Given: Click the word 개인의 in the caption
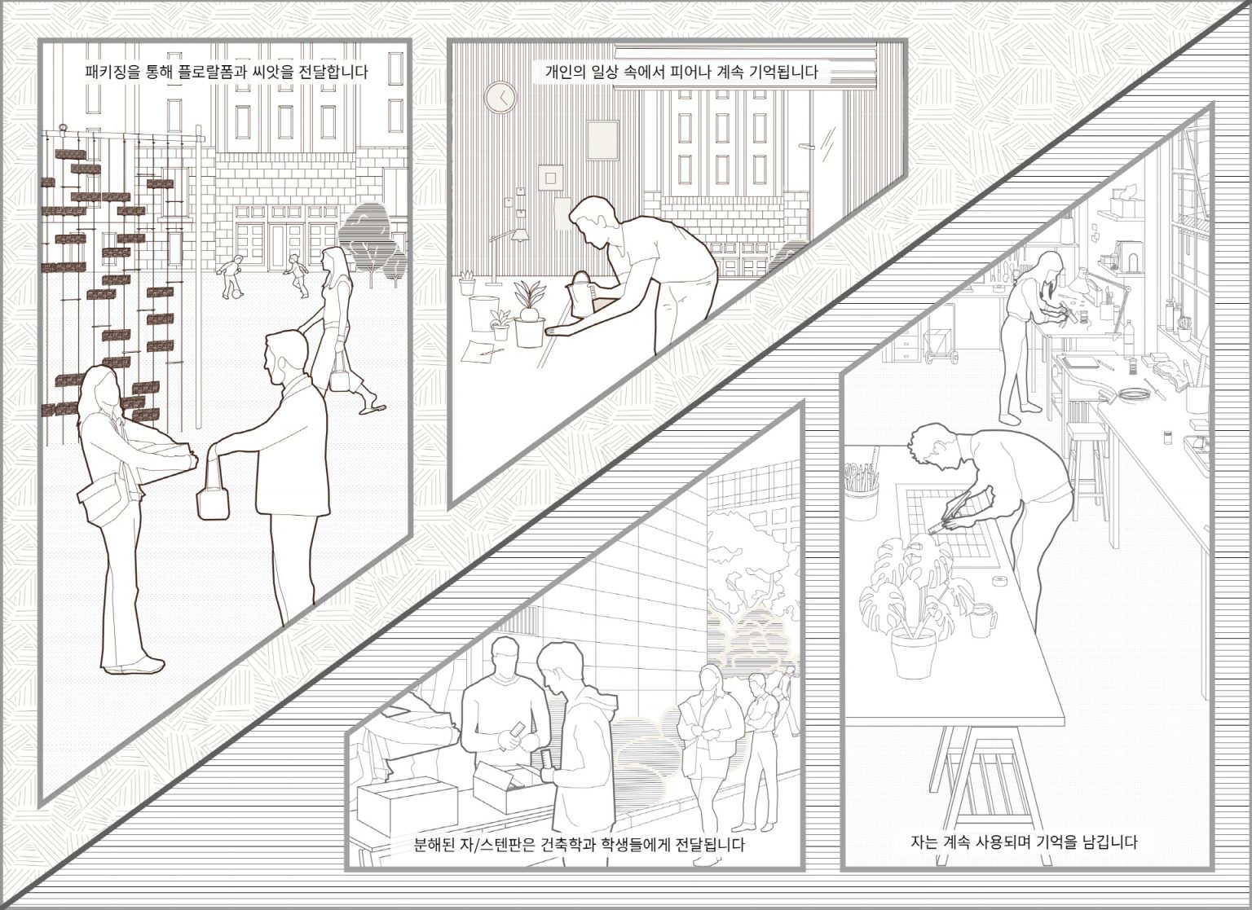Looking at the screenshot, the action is point(565,72).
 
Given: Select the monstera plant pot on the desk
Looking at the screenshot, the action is point(913,653).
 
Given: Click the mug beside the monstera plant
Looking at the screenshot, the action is point(982,620).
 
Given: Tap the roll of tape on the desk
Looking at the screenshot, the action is point(1000,580).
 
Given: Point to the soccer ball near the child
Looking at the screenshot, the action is point(236,292).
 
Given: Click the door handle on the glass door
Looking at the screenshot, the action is point(807,147).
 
